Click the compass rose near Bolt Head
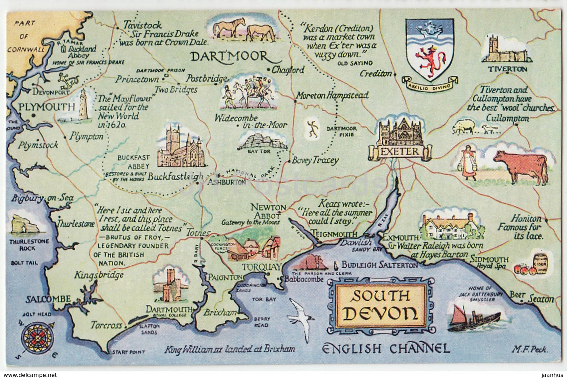(x=37, y=337)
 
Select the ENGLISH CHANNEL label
(x=385, y=348)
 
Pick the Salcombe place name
(x=48, y=299)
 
